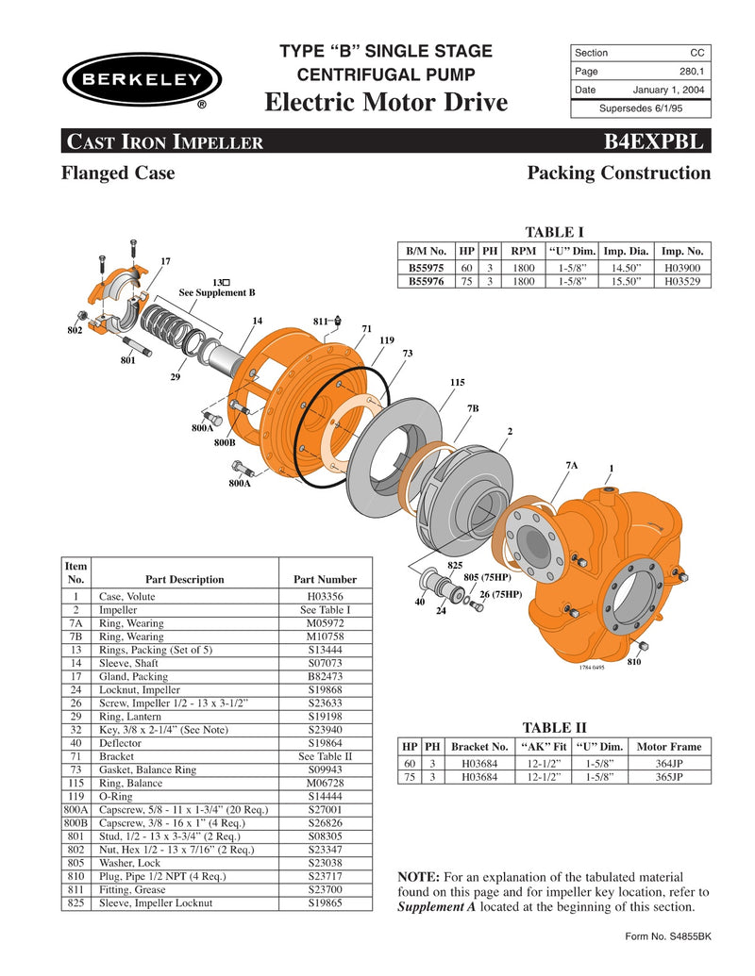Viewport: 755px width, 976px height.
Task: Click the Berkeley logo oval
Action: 143,79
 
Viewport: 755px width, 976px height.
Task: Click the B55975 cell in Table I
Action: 427,267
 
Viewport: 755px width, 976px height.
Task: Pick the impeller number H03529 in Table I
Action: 682,280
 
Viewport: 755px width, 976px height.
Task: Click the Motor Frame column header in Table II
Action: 668,746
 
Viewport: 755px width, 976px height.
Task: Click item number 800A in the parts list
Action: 75,809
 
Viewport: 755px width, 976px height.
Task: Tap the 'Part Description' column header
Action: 184,579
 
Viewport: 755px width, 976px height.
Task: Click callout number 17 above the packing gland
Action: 165,260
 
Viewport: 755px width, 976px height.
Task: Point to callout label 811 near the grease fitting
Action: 321,322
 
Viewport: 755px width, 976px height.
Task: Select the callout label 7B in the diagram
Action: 473,407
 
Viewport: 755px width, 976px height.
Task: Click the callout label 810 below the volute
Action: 633,663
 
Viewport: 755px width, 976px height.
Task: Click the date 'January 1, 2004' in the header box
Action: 667,90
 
